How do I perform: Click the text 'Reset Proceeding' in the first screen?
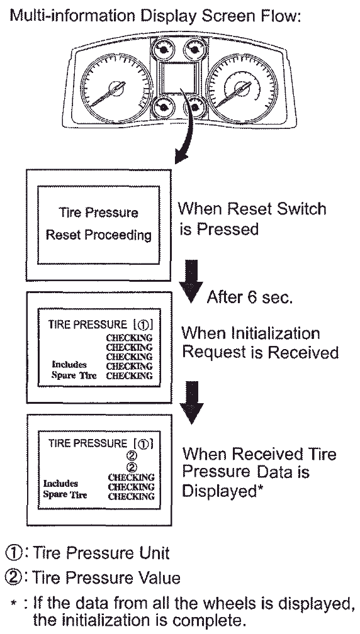(99, 235)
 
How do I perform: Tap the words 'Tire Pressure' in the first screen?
(99, 213)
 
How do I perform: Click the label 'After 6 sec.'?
(249, 298)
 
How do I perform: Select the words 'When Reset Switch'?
(252, 209)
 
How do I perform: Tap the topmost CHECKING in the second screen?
(130, 338)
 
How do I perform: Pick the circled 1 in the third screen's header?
(143, 444)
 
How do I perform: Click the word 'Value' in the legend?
(158, 578)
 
